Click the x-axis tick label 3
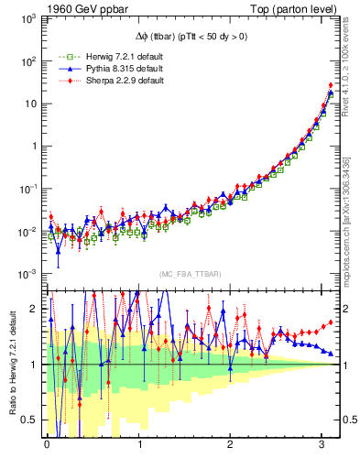click(x=322, y=445)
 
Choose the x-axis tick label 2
click(x=230, y=445)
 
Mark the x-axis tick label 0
click(x=47, y=445)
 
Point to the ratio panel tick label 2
click(x=35, y=309)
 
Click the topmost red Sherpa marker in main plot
click(x=331, y=85)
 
